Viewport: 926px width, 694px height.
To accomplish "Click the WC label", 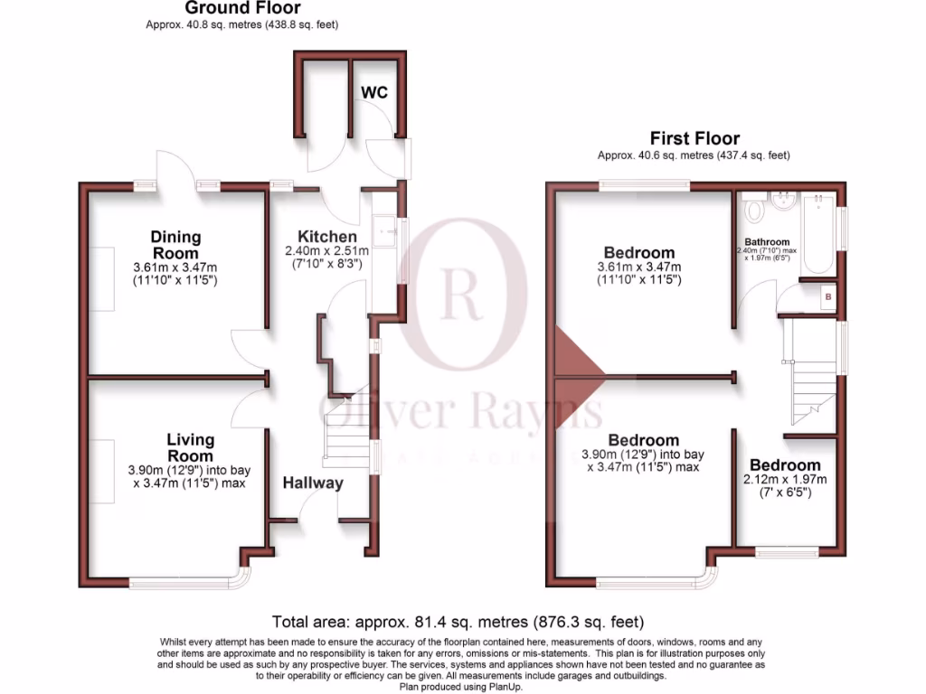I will point(374,92).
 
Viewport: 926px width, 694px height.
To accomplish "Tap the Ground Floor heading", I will point(242,8).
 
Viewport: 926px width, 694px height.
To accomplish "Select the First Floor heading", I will point(694,138).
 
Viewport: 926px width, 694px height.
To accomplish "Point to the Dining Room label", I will point(175,245).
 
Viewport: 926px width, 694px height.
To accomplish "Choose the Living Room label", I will point(190,447).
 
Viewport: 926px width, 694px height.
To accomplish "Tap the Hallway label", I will point(313,483).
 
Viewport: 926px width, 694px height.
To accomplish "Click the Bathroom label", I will point(767,242).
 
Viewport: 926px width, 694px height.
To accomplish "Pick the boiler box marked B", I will point(826,295).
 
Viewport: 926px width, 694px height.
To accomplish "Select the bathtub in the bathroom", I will point(817,233).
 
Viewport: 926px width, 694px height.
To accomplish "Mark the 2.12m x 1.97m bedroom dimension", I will point(784,479).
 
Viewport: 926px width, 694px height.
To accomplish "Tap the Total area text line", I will point(458,622).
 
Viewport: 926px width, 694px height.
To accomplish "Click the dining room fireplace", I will point(102,278).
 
